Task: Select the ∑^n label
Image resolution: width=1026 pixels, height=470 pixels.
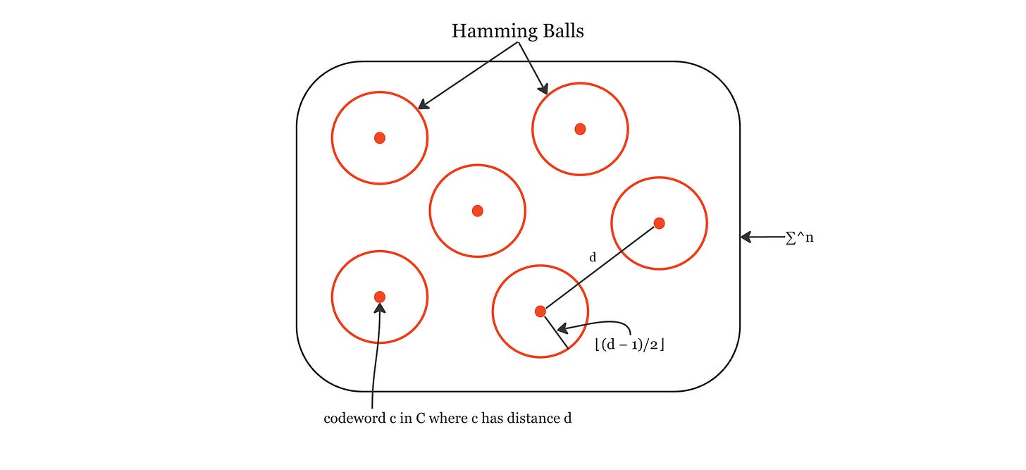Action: point(799,238)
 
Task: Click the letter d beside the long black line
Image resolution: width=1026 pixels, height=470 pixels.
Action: point(593,258)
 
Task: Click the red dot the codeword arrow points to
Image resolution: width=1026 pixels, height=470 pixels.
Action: point(380,297)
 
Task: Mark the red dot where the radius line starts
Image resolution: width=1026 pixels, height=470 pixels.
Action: point(540,311)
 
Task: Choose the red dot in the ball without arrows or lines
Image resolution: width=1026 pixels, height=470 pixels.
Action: point(477,211)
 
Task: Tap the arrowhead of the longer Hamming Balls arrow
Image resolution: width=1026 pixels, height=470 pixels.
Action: point(421,107)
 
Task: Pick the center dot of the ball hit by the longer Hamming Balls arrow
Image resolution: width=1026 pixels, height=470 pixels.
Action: point(380,137)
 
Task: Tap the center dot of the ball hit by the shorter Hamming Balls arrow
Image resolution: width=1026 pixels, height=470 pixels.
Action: point(580,129)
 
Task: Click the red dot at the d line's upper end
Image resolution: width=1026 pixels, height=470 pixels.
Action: point(659,223)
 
